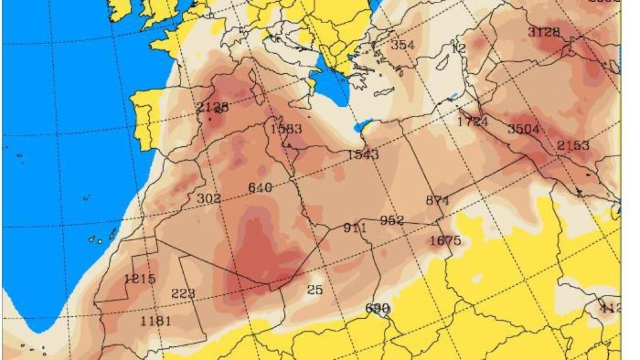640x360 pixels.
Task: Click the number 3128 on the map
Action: tap(544, 32)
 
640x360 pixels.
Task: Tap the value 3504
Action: tap(523, 129)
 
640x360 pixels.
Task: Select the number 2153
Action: tap(573, 146)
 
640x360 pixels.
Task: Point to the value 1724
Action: tap(472, 122)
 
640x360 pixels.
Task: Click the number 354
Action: tap(402, 45)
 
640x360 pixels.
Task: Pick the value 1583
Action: tap(286, 129)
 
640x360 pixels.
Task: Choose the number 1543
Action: tap(363, 154)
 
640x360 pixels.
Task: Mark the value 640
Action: tap(260, 187)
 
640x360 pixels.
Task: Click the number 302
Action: tap(209, 199)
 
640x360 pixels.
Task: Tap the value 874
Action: tap(437, 201)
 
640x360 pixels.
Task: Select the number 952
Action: tap(392, 221)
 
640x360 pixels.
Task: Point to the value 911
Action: tap(355, 228)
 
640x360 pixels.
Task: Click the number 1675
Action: tap(446, 241)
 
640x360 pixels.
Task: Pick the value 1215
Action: tap(140, 279)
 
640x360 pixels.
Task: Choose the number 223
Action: tap(183, 294)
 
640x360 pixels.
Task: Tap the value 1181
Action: tap(156, 321)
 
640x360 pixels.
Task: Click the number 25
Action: tap(315, 289)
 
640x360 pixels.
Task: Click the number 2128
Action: tap(212, 107)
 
